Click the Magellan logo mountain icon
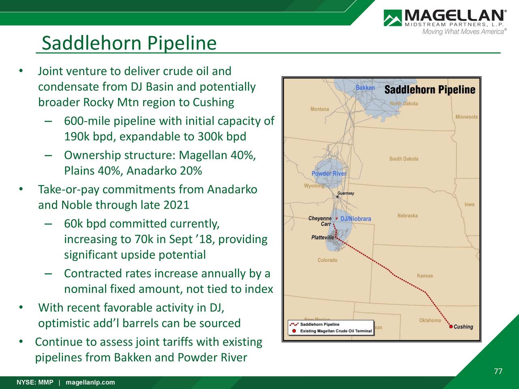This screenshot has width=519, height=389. point(392,18)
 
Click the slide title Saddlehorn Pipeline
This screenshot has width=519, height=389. point(129,43)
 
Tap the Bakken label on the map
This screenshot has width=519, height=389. point(365,88)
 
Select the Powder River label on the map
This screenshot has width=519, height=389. point(329,174)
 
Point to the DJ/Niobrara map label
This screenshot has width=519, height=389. point(356,219)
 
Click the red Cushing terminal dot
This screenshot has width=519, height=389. point(451,327)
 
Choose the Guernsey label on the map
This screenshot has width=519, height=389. point(346,193)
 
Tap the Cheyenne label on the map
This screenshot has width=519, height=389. point(320,218)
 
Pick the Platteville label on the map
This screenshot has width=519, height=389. point(322,237)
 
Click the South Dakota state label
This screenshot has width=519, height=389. point(403,159)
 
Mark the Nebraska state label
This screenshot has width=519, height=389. point(407,216)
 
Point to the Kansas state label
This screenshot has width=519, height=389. point(425,276)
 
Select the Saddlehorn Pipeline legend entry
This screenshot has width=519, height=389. point(320,325)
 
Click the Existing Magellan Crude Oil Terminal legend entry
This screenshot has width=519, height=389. point(336,331)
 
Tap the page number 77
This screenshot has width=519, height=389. point(498,372)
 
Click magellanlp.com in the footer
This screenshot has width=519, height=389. point(90,383)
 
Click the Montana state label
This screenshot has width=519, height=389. point(320,109)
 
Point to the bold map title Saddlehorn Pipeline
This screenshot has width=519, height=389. point(429,90)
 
